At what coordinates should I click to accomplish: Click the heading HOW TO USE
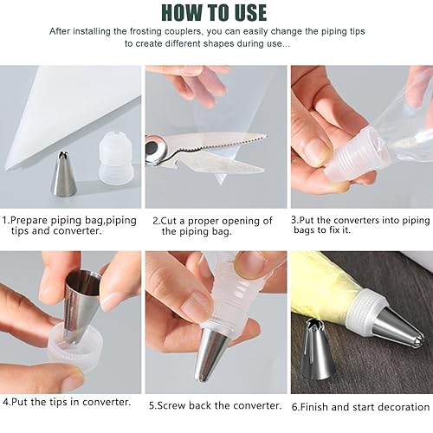[216, 12]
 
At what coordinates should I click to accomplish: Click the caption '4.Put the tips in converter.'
[67, 403]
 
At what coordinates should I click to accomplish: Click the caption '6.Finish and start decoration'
[360, 405]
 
